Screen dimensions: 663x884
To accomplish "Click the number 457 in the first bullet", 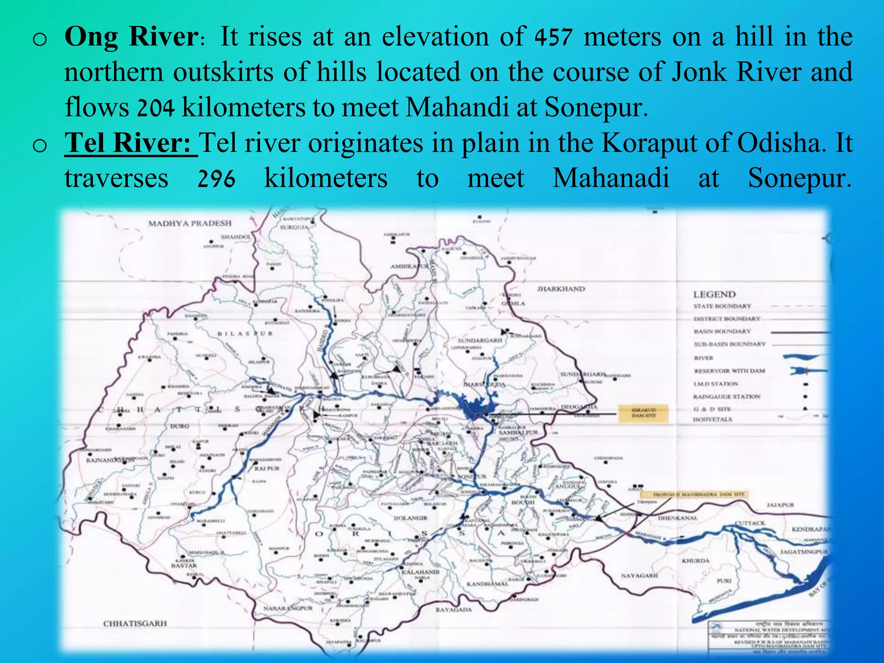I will click(x=553, y=37).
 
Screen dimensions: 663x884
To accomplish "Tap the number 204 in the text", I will click(x=156, y=108).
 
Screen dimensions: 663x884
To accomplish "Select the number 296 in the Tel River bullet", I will click(x=216, y=179).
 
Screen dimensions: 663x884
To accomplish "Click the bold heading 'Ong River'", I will click(x=131, y=36).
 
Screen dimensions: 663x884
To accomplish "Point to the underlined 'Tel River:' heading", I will click(x=130, y=143).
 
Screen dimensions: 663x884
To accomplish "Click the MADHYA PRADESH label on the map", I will click(x=190, y=224).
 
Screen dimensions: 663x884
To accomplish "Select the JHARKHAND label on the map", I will click(x=561, y=289).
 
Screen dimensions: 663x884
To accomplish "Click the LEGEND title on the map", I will click(x=714, y=294).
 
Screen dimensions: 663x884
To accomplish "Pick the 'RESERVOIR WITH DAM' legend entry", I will click(x=729, y=371).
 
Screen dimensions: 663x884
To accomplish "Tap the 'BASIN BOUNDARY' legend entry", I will click(x=722, y=331).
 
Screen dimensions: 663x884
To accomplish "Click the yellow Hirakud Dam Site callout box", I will click(x=643, y=413).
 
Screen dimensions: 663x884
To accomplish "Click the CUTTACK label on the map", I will click(x=750, y=523).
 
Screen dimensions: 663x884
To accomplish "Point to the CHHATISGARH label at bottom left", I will click(x=135, y=623).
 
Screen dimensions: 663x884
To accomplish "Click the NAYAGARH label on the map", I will click(x=639, y=576).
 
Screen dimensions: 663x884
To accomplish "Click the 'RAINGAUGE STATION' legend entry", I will click(x=727, y=396).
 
